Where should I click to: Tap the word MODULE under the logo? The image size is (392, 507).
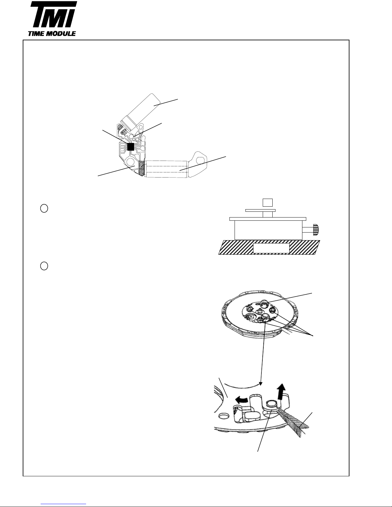(x=61, y=34)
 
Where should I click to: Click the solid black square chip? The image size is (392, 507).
(x=131, y=147)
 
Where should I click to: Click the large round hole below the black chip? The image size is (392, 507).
(x=131, y=162)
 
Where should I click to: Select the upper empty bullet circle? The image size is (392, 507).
(x=44, y=208)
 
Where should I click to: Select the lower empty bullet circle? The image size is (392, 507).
(x=44, y=266)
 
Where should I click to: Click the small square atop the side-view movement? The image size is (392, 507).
(x=268, y=202)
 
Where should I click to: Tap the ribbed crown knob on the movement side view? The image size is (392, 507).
(x=316, y=230)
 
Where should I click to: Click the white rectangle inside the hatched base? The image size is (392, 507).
(x=271, y=248)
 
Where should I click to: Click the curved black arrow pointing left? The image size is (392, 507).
(x=242, y=400)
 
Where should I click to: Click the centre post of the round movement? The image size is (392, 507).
(x=259, y=311)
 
